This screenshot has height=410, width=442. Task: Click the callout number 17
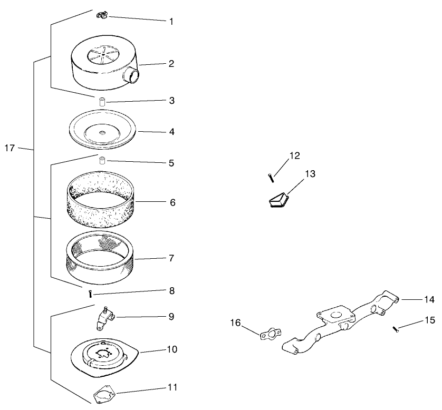[9, 148]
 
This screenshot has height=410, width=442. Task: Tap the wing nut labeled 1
[102, 15]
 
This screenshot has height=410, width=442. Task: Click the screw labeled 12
[271, 178]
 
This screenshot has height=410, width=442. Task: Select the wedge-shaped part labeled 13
[278, 200]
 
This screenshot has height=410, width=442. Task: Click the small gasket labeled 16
[270, 333]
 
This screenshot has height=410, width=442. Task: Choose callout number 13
[310, 174]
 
